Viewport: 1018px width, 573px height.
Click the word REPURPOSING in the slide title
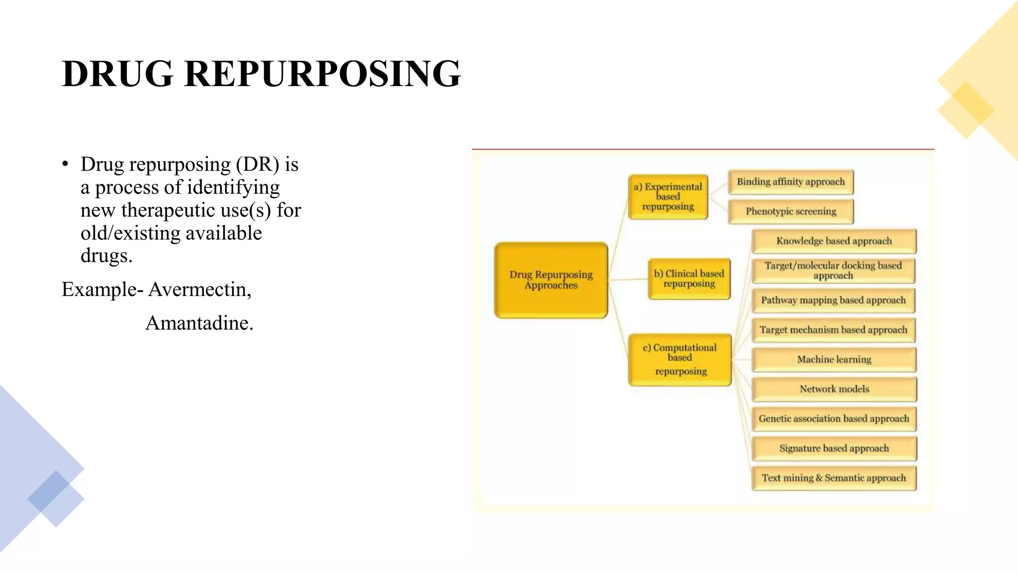(322, 74)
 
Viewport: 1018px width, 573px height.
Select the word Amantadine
(199, 323)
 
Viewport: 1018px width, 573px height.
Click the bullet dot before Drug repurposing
(65, 165)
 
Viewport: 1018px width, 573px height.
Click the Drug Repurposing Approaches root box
(551, 280)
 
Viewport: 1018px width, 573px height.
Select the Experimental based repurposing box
(668, 196)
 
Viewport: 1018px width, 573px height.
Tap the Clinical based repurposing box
(689, 279)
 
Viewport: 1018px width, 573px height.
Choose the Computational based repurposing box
(680, 359)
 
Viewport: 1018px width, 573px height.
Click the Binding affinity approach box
(790, 182)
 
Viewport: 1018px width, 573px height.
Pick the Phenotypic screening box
(790, 211)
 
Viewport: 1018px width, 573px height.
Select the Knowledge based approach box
(834, 241)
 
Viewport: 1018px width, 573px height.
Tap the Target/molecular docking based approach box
(833, 271)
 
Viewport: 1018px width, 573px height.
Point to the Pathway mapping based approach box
(833, 300)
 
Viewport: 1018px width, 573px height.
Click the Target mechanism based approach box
(833, 330)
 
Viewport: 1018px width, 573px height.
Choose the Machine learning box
(834, 360)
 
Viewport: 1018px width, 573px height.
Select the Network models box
(834, 389)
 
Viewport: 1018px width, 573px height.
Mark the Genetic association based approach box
(834, 419)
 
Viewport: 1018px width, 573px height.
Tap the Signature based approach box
(834, 448)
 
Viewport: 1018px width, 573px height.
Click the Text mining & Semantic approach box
(834, 478)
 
